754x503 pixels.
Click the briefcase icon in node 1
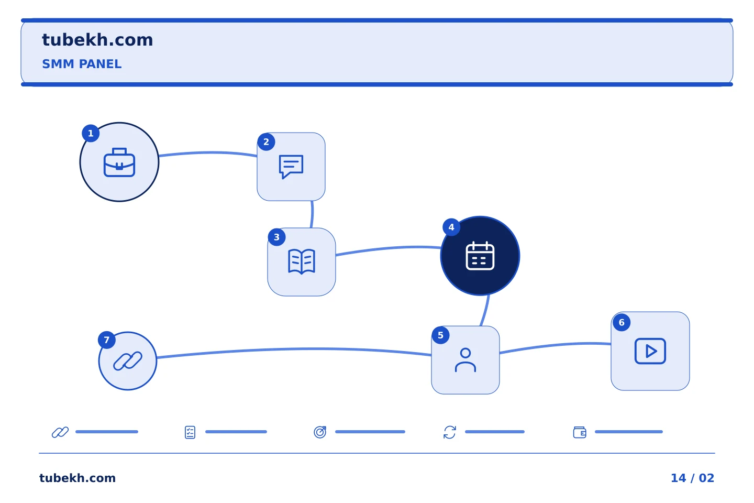[119, 162]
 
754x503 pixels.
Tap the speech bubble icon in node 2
[291, 167]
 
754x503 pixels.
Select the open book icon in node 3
[302, 262]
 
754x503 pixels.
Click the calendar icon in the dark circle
[480, 256]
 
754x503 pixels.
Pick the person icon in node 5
[465, 360]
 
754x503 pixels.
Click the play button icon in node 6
[650, 351]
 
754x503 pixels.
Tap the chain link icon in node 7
[128, 361]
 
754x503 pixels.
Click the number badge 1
[91, 134]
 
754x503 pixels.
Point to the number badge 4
[451, 227]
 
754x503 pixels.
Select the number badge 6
[622, 322]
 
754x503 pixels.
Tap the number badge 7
[107, 340]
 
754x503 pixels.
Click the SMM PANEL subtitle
[82, 64]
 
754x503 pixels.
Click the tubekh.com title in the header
[97, 40]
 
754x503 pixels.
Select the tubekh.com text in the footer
[77, 478]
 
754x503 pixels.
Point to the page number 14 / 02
[692, 478]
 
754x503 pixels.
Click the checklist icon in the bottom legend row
[190, 432]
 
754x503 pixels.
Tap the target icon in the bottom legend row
[320, 432]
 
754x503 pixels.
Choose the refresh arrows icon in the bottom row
[450, 432]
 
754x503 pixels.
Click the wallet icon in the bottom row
[580, 432]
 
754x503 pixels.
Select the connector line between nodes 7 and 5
[294, 349]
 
